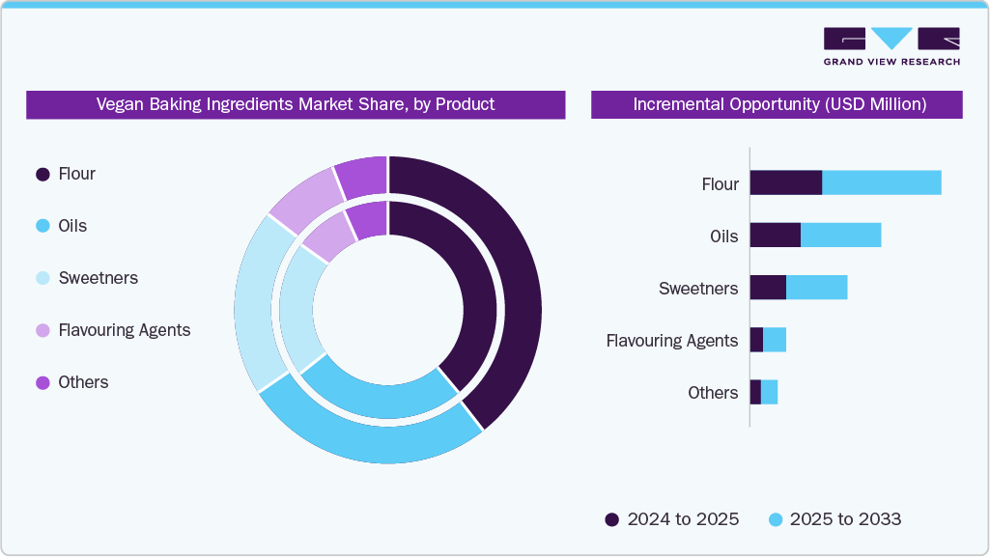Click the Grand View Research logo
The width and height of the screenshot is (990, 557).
[x=891, y=46]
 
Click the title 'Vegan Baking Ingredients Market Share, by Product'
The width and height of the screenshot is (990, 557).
[x=296, y=104]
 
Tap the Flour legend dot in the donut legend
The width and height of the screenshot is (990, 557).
[x=42, y=175]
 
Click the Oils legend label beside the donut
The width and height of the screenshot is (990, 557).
[x=72, y=226]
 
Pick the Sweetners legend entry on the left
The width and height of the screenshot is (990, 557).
[x=98, y=278]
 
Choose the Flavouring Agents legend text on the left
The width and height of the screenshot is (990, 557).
[x=124, y=330]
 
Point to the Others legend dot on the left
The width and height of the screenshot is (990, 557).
[x=42, y=382]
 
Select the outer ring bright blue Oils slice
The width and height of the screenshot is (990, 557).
[x=372, y=439]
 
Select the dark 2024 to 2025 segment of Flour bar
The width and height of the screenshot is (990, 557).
[x=785, y=182]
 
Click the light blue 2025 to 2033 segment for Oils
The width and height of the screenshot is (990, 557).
[x=840, y=235]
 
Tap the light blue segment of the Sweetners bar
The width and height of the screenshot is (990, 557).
[x=816, y=287]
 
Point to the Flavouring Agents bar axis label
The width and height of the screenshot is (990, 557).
[x=671, y=340]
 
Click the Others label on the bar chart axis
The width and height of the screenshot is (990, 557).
[x=713, y=392]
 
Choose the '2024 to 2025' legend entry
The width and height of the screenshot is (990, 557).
[x=672, y=519]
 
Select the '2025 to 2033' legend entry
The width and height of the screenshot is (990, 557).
[x=834, y=519]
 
